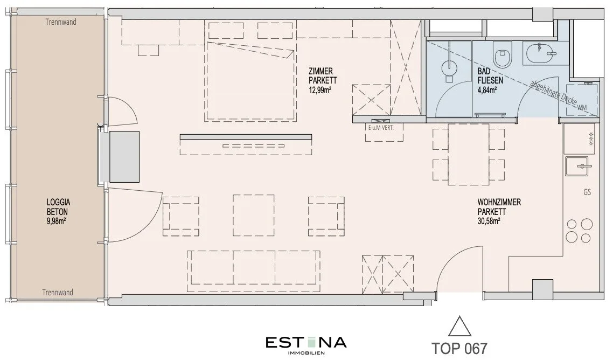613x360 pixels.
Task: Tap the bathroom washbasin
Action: [541, 53]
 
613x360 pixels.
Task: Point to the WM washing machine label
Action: [582, 107]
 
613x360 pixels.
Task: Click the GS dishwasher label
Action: [587, 192]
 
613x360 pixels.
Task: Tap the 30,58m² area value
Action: [489, 221]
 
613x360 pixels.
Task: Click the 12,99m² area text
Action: [320, 90]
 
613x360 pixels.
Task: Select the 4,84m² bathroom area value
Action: [487, 90]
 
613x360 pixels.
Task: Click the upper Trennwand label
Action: [61, 22]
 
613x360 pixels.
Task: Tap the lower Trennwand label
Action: [58, 292]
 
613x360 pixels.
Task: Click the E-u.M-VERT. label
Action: [380, 128]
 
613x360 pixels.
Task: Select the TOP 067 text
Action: [459, 348]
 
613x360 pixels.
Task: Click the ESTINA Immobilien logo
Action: [306, 345]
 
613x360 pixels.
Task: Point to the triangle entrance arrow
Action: [460, 327]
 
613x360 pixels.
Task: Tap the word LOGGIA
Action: [58, 203]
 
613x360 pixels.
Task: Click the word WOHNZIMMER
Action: [499, 202]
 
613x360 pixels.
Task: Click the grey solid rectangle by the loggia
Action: [124, 157]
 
